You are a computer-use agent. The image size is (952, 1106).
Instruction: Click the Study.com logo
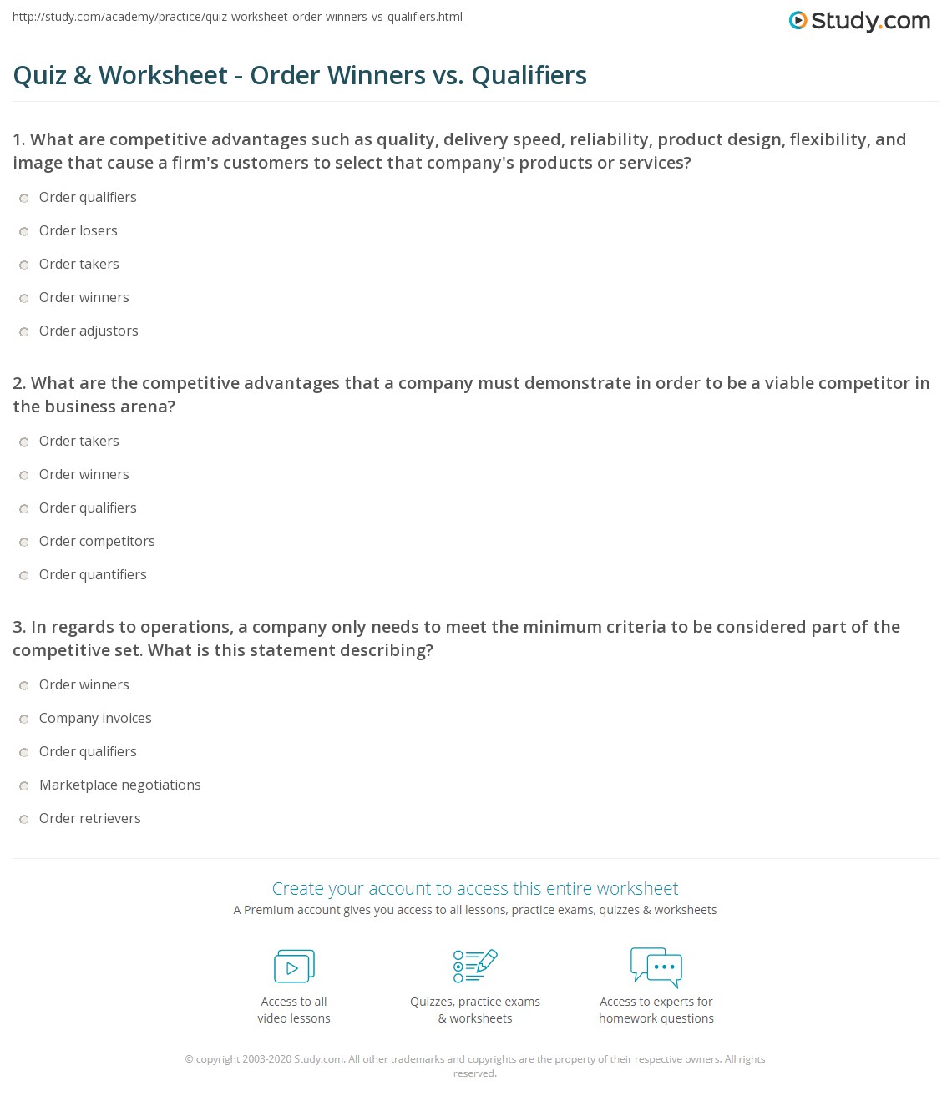click(x=859, y=21)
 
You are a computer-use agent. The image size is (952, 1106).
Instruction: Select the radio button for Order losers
click(x=24, y=231)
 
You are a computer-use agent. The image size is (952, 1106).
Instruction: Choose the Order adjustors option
click(x=24, y=331)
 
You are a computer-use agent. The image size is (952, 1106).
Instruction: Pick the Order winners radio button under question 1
click(x=24, y=298)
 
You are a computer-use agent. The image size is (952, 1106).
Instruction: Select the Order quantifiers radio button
click(x=24, y=575)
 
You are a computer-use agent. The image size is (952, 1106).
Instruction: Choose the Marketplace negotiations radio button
click(x=24, y=785)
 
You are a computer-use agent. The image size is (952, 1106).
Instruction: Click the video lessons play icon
click(x=294, y=967)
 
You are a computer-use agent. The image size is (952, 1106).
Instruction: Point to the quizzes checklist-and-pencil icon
click(x=474, y=966)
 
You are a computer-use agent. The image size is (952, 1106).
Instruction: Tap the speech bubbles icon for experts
click(x=656, y=967)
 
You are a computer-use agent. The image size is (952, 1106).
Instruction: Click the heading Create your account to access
click(x=474, y=888)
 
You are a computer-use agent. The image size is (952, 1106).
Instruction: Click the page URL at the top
click(x=237, y=17)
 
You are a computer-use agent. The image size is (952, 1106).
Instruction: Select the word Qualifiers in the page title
click(x=529, y=75)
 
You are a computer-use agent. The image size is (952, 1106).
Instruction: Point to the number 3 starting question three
click(x=18, y=627)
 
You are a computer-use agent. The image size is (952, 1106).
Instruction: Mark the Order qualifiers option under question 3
click(x=24, y=752)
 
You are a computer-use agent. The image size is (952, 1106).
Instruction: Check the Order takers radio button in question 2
click(x=24, y=442)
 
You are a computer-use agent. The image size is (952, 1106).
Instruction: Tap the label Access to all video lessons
click(x=294, y=1010)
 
